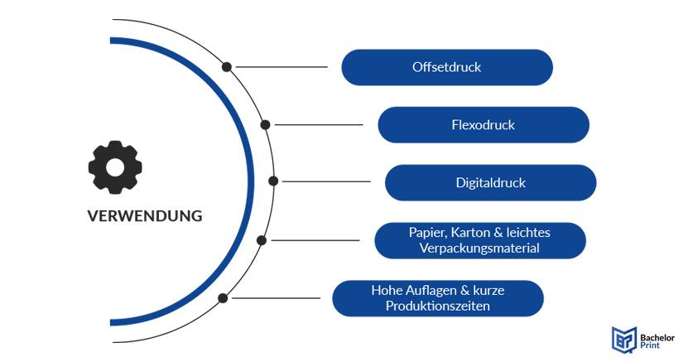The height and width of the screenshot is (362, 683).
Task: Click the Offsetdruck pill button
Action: coord(446,67)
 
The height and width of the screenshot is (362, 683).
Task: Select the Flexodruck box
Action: coord(483,125)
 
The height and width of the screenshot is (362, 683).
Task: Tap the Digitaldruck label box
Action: coord(490,182)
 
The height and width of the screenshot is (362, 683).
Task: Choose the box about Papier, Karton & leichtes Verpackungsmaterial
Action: coord(479,240)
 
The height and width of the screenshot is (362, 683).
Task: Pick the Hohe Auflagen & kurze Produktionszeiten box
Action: coord(437,298)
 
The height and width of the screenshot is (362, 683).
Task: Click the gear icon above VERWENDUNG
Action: coord(115,168)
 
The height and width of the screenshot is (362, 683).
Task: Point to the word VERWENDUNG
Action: coord(145,216)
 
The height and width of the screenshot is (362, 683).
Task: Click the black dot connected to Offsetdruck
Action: coord(226,66)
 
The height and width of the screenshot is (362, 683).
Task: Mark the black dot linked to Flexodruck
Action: coord(265,125)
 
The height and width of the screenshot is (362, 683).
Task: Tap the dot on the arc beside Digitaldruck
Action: coord(273,181)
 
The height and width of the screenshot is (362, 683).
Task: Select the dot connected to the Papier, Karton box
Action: coord(262,240)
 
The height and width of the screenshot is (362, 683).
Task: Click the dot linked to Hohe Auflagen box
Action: coord(223,297)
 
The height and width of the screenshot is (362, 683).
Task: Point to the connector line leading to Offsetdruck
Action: coord(281,66)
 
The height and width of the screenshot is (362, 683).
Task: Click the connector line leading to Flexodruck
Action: coord(319,125)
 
